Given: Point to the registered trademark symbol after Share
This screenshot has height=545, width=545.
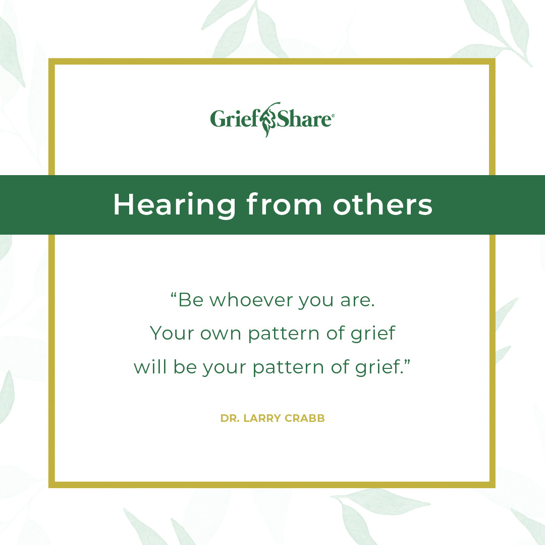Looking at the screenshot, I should (x=331, y=116).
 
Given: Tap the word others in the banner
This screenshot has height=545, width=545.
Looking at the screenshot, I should (x=383, y=205).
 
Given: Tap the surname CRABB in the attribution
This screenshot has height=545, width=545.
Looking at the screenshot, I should (x=305, y=418).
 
